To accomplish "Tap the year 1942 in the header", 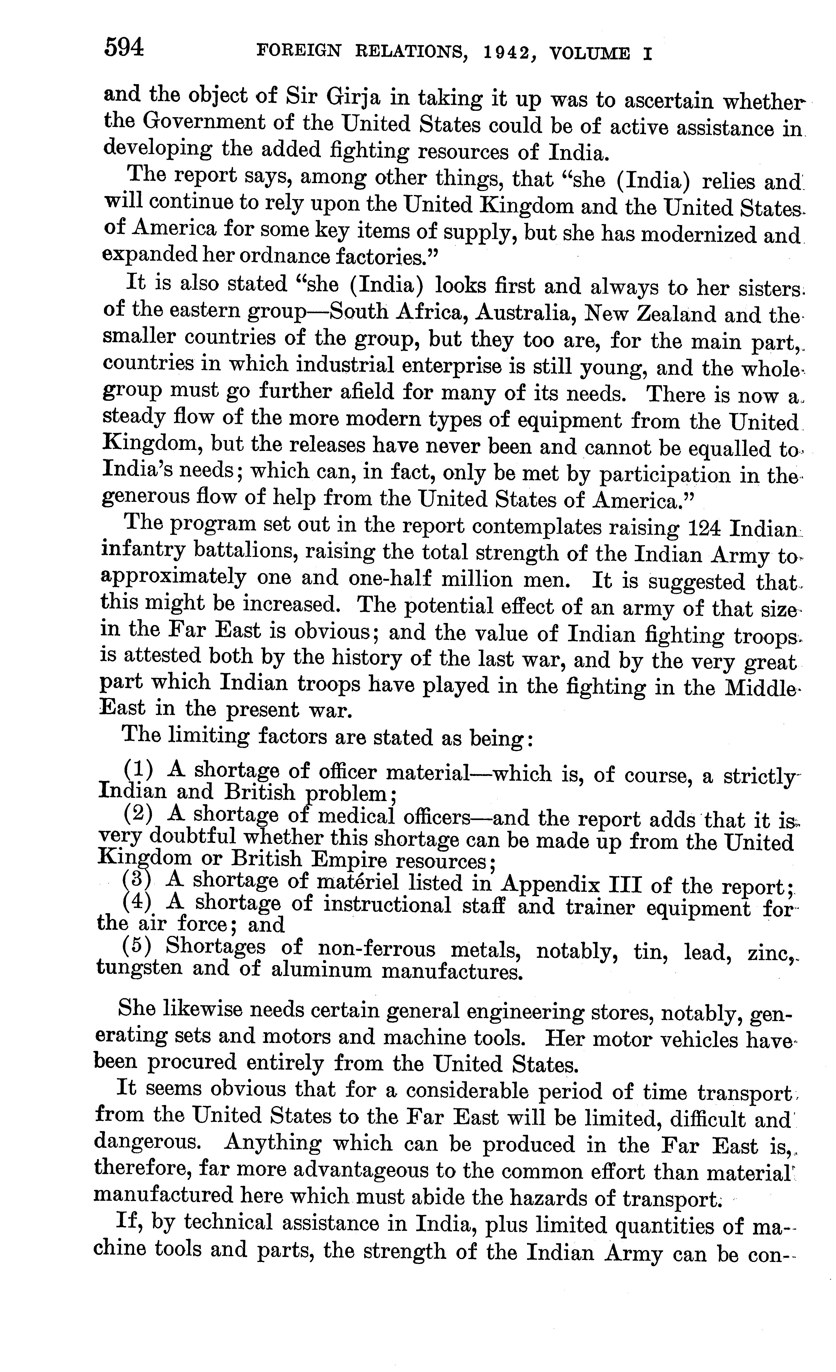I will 510,53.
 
